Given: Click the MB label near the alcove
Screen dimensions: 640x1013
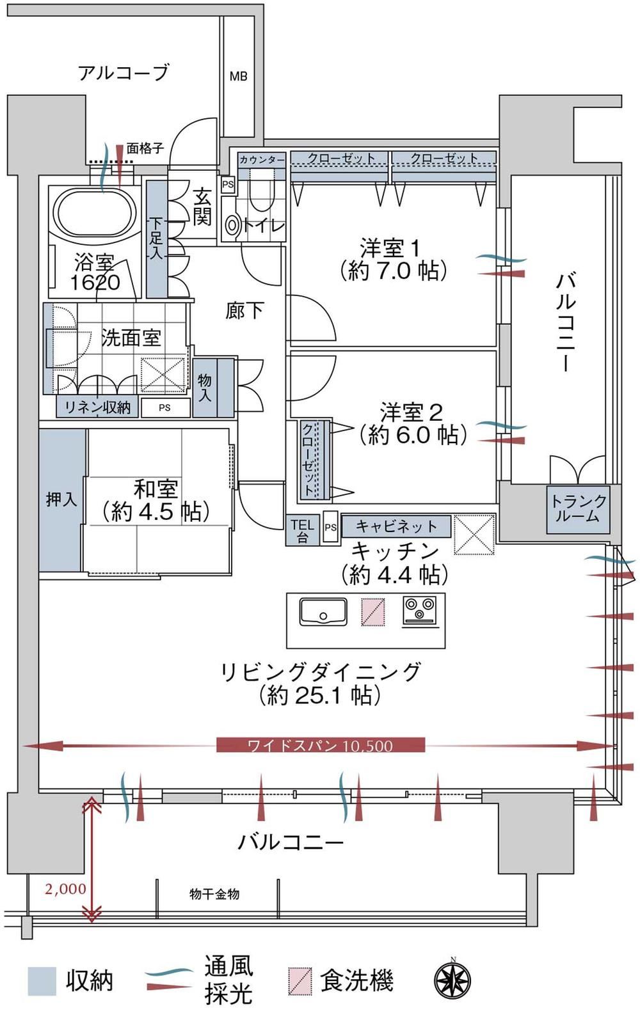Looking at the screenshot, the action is pyautogui.click(x=238, y=77).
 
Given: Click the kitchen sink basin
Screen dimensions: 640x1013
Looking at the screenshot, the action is pyautogui.click(x=323, y=612).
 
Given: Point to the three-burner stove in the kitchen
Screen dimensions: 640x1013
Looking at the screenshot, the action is pyautogui.click(x=420, y=612).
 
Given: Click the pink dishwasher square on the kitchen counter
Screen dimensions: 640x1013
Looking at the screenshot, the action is pyautogui.click(x=373, y=612).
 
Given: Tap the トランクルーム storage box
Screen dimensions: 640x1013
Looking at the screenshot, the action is pyautogui.click(x=578, y=509).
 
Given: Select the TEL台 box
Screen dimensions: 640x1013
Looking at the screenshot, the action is pyautogui.click(x=302, y=530).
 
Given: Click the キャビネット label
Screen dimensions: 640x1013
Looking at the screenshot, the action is pyautogui.click(x=396, y=526).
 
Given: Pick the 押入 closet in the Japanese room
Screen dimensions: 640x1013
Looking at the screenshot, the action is pyautogui.click(x=62, y=501).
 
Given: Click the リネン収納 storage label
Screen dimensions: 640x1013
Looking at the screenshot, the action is pyautogui.click(x=98, y=407).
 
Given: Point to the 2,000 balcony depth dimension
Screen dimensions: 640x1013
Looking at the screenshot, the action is pyautogui.click(x=65, y=889).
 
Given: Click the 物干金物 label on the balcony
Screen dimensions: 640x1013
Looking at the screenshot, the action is pyautogui.click(x=214, y=893).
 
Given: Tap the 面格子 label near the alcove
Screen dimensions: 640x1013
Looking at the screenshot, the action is pyautogui.click(x=145, y=148).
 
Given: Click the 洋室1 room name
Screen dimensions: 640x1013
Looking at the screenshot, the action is pyautogui.click(x=390, y=248).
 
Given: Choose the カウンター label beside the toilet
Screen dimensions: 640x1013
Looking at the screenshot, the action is pyautogui.click(x=262, y=160).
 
